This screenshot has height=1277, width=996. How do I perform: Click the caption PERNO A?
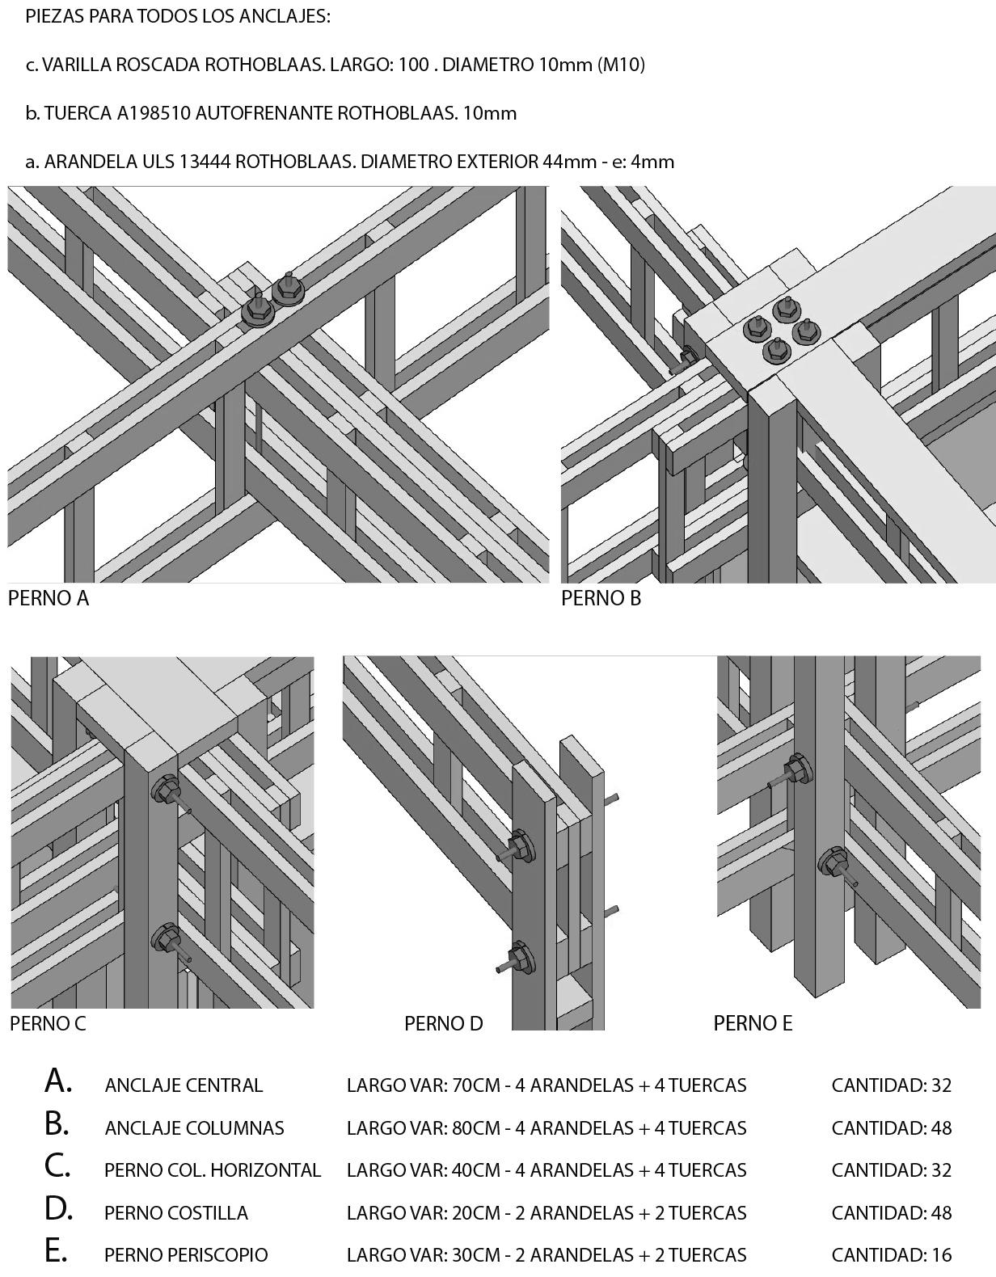pyautogui.click(x=49, y=599)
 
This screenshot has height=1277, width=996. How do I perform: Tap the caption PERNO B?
pyautogui.click(x=601, y=599)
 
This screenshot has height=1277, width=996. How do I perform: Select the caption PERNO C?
pyautogui.click(x=48, y=1024)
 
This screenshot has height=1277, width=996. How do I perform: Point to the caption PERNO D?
pyautogui.click(x=443, y=1024)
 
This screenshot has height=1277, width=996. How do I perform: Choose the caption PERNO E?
pyautogui.click(x=753, y=1024)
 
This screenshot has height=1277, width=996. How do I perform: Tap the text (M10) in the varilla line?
pyautogui.click(x=621, y=65)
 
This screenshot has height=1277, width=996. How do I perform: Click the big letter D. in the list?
pyautogui.click(x=58, y=1209)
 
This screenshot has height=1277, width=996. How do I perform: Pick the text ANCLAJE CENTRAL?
pyautogui.click(x=184, y=1085)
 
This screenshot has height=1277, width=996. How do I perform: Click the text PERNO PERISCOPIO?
pyautogui.click(x=186, y=1255)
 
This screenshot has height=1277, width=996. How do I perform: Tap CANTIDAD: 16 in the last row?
pyautogui.click(x=891, y=1255)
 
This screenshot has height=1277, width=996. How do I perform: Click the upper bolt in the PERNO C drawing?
pyautogui.click(x=167, y=790)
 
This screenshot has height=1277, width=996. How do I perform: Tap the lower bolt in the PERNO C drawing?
pyautogui.click(x=167, y=940)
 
